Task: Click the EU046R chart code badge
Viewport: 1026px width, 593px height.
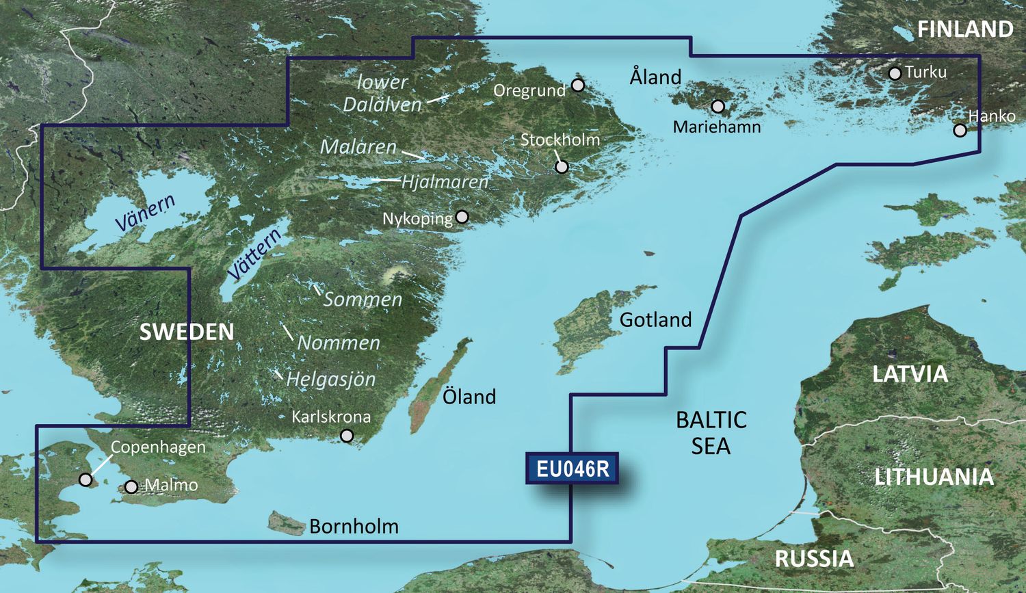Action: pyautogui.click(x=572, y=469)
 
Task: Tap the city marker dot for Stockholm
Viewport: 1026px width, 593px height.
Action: pyautogui.click(x=562, y=166)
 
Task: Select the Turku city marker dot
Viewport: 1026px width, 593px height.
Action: pyautogui.click(x=895, y=73)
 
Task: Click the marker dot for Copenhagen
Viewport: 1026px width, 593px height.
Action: pyautogui.click(x=85, y=479)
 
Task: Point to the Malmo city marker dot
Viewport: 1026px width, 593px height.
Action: pyautogui.click(x=131, y=487)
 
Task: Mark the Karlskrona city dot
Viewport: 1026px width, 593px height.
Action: pyautogui.click(x=347, y=436)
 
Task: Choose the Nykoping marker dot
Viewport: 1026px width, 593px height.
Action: pyautogui.click(x=462, y=217)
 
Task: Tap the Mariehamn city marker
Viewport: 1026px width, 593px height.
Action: pyautogui.click(x=718, y=107)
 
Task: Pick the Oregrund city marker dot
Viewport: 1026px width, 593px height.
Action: pyautogui.click(x=578, y=85)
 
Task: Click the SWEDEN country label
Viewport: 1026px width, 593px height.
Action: pyautogui.click(x=186, y=332)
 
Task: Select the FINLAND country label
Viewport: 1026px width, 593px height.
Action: pyautogui.click(x=964, y=29)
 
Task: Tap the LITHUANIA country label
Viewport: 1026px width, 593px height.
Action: pyautogui.click(x=934, y=477)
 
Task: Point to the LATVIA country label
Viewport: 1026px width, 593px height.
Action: pyautogui.click(x=910, y=374)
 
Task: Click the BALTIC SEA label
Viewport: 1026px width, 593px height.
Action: pyautogui.click(x=711, y=432)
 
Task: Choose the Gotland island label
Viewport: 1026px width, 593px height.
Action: pyautogui.click(x=655, y=319)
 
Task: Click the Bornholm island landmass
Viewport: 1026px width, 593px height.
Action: pyautogui.click(x=286, y=523)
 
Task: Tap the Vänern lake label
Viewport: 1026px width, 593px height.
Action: pyautogui.click(x=145, y=213)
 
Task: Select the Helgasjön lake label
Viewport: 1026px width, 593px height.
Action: pyautogui.click(x=330, y=379)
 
